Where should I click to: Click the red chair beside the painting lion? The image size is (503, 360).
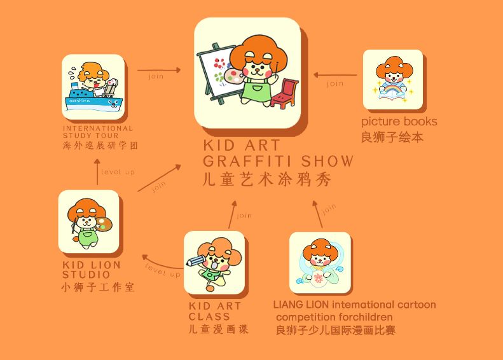[x=284, y=92]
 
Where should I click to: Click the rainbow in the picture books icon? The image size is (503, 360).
[x=392, y=88]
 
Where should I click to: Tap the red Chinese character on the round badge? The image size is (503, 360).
[x=318, y=279]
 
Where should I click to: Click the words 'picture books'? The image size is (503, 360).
[x=399, y=121]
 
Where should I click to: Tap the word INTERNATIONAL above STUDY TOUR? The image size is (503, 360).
[x=98, y=128]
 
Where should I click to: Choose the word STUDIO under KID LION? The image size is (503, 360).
[x=86, y=275]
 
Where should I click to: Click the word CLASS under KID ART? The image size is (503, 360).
[x=209, y=317]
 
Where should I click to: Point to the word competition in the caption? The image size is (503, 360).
[x=307, y=317]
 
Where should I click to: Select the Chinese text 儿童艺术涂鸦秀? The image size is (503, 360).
[x=267, y=179]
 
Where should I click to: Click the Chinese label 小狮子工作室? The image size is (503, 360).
[x=98, y=287]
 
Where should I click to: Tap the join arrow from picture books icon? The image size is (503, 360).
[x=335, y=75]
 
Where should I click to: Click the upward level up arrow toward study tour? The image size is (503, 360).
[x=97, y=172]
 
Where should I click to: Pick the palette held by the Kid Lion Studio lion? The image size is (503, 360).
[x=104, y=225]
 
